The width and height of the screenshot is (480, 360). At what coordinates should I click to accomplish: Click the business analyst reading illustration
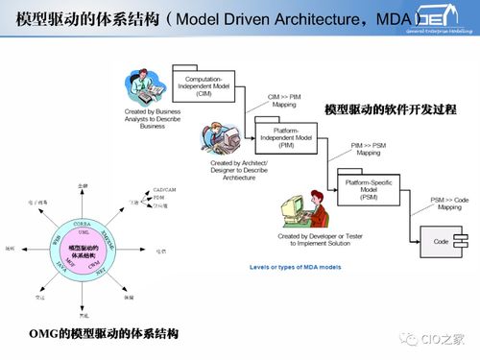point(144,88)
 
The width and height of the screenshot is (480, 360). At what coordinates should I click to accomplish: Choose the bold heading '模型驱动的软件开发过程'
point(389,110)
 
